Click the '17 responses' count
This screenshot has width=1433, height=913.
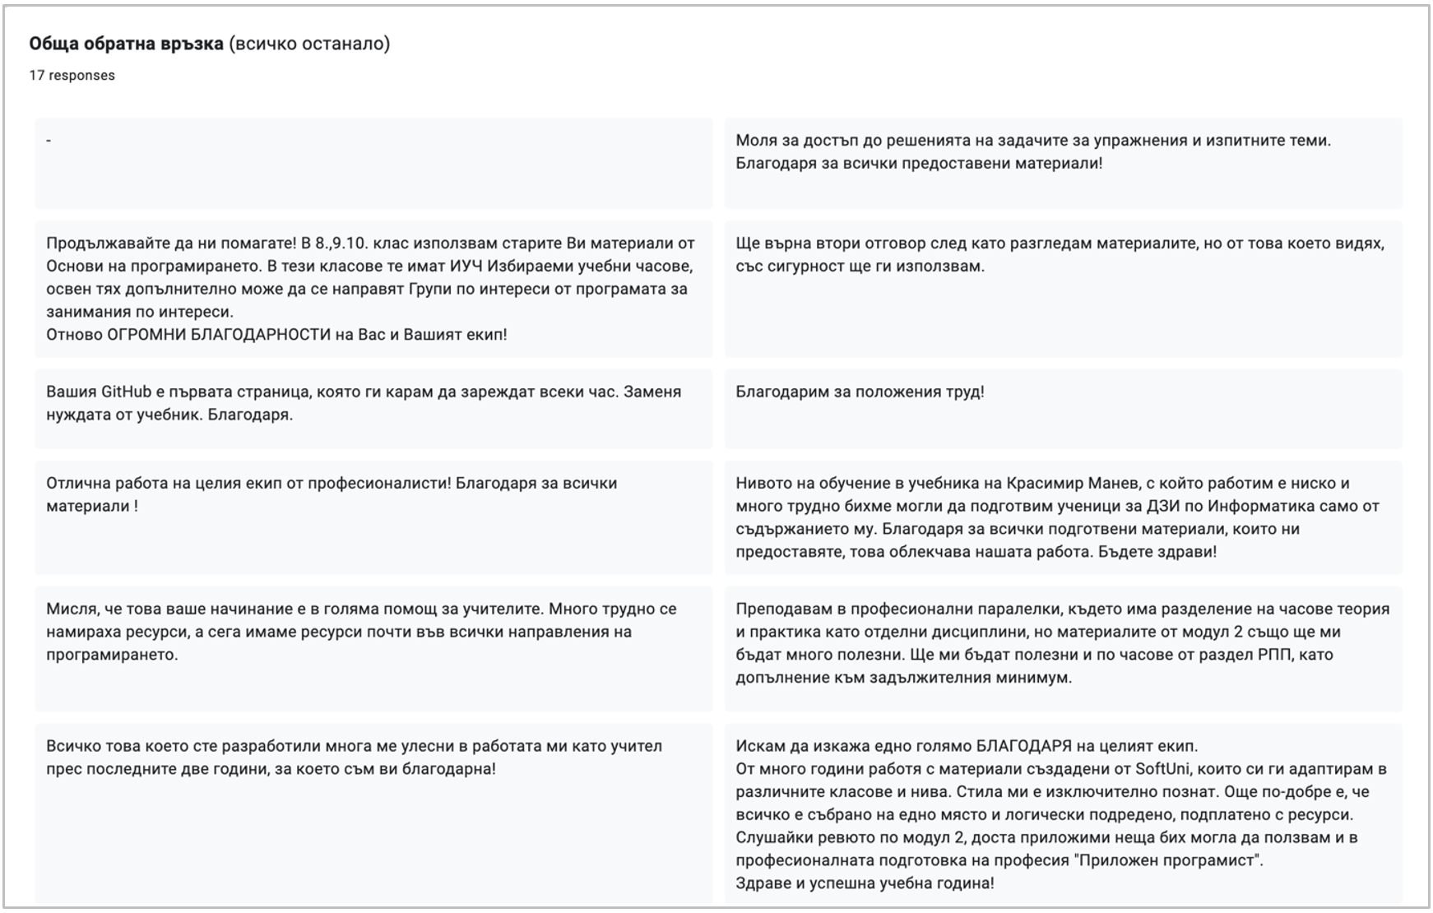pos(72,76)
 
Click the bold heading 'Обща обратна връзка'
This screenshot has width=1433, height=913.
pos(126,44)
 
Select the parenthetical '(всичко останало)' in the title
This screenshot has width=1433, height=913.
pos(309,44)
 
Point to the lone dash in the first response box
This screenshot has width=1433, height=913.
pos(49,141)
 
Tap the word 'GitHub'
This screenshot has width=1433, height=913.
pos(126,392)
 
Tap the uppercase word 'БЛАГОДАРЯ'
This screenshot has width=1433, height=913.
pos(1023,746)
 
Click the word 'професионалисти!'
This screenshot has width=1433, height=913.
pos(379,483)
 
